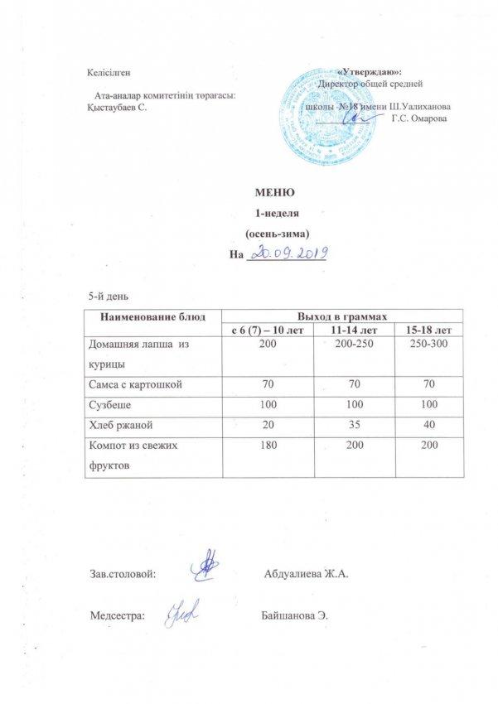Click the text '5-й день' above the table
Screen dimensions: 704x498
pyautogui.click(x=107, y=296)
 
